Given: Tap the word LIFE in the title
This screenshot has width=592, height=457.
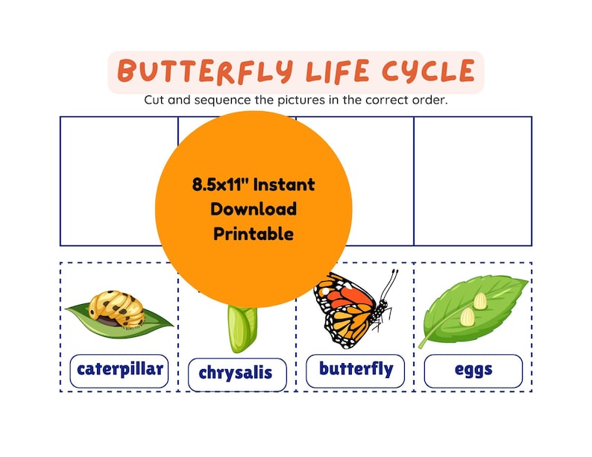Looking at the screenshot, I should (x=337, y=72).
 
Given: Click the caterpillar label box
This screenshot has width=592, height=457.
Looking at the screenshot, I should (x=119, y=368).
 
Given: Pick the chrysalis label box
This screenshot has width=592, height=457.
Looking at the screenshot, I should (x=236, y=373).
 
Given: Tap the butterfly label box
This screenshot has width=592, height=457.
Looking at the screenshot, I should (x=356, y=369).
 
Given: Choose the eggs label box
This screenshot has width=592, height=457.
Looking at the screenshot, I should (x=473, y=369).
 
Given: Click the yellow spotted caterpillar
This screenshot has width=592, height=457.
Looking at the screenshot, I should (x=117, y=308).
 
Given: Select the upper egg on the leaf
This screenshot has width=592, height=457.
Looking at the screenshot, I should (x=480, y=300).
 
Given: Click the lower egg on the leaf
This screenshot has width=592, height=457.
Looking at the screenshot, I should (x=467, y=316).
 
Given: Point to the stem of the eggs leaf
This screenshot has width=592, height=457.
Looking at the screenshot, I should (x=426, y=341).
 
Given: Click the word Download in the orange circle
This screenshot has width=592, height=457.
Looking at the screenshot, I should (x=254, y=209).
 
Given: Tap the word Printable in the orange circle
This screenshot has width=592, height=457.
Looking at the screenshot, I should (x=254, y=233).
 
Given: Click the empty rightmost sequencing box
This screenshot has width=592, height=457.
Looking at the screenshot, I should (x=473, y=181).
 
